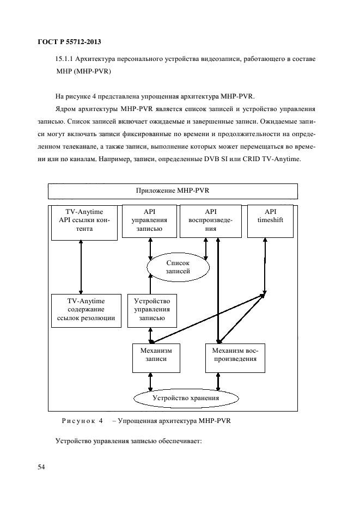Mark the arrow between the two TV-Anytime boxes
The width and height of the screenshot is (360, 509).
click(81, 267)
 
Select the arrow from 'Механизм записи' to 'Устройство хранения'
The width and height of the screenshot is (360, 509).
click(150, 382)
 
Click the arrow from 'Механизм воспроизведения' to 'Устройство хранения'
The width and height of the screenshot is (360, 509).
click(218, 382)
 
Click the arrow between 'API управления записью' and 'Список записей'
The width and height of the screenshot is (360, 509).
click(150, 249)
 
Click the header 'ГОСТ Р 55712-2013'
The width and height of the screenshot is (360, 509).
click(70, 42)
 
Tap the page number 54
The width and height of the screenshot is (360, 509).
click(41, 467)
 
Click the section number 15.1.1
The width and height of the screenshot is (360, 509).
click(65, 59)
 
